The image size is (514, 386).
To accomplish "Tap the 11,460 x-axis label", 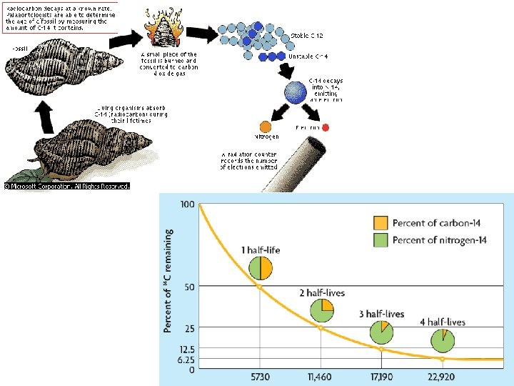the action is click(321, 377).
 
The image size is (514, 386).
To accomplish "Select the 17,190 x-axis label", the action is click(381, 377).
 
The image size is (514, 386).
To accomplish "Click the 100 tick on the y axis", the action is click(188, 205).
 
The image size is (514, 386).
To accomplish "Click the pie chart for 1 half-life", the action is click(260, 267).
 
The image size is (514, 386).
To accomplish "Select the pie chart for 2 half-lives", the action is click(322, 310).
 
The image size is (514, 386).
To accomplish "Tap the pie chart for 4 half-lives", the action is click(443, 341).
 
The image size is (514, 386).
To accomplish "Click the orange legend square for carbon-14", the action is click(381, 222).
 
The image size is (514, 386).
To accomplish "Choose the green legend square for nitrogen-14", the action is click(381, 240).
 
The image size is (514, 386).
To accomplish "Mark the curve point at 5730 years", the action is click(259, 287).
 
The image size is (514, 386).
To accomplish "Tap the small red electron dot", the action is click(326, 127).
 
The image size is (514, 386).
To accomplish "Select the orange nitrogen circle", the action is click(263, 127).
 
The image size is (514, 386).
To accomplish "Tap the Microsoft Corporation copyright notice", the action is click(67, 186).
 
